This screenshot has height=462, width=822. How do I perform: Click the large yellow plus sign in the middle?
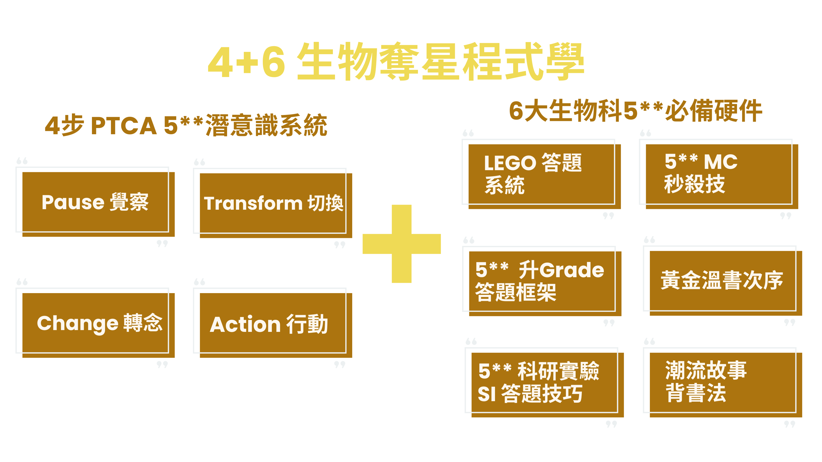[401, 244]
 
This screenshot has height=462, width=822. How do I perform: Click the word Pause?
[73, 203]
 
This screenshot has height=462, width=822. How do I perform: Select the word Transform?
[253, 204]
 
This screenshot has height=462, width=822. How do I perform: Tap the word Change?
[78, 323]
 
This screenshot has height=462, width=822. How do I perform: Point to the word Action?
[245, 325]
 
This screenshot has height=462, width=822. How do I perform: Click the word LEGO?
[510, 163]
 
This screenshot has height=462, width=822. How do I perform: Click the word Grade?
[572, 270]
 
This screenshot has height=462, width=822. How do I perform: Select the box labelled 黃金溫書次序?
[722, 280]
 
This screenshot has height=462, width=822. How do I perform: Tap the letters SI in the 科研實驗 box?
[487, 394]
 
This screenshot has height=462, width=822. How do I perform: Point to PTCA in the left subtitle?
[124, 125]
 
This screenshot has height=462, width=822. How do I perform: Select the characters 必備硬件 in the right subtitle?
[714, 111]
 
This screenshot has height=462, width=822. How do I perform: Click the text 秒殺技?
[694, 184]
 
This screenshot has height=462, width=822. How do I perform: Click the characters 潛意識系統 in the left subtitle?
[266, 125]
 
